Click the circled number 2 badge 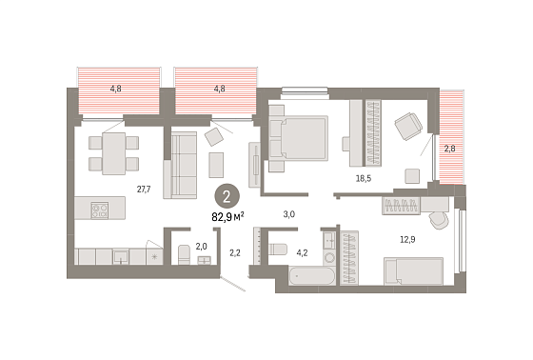227,197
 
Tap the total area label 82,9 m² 228,217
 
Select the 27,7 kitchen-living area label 144,190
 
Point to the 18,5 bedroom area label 364,178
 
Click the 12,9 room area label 407,240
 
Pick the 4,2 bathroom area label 302,252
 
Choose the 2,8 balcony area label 449,149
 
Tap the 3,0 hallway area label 289,214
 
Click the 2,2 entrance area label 235,252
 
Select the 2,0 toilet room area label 201,246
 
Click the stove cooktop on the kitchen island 100,210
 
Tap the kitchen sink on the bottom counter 121,256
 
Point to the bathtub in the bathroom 312,276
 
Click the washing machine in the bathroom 329,257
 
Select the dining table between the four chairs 114,153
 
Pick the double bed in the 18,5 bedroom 299,138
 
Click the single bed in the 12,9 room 413,271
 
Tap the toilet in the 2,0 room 184,254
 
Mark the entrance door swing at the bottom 233,284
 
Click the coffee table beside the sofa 216,165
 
